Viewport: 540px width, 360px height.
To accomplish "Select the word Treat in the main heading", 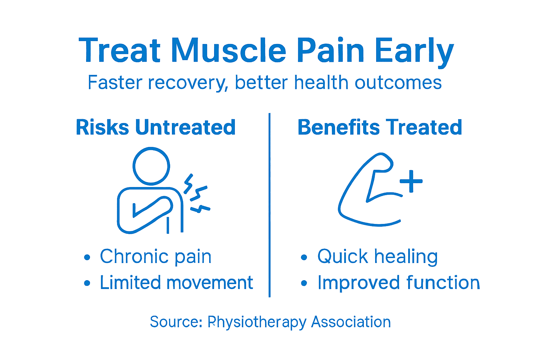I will tap(120, 51).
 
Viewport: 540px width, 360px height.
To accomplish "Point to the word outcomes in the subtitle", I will tap(398, 83).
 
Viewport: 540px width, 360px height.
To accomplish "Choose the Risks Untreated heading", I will tap(155, 127).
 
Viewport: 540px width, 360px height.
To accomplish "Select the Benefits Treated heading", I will tap(380, 127).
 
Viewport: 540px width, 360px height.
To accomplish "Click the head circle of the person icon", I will tap(151, 166).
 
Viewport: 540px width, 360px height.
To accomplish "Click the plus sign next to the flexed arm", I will tap(411, 182).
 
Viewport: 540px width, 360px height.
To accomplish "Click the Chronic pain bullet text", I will tap(155, 256).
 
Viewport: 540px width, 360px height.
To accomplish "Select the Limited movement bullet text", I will tap(176, 283).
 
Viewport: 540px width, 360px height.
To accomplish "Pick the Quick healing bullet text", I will tap(377, 256).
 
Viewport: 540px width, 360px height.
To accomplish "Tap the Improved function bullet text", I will tap(399, 283).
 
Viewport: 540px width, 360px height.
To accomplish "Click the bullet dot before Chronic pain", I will tap(87, 258).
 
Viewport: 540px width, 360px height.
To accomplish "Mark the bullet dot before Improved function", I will tap(304, 283).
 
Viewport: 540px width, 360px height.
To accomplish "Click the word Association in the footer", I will tap(351, 322).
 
